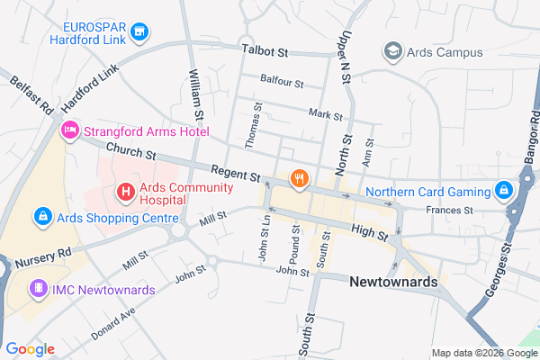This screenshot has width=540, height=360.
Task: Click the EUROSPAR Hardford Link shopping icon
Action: [x=139, y=34]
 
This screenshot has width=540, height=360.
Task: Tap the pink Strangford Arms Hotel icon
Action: [x=69, y=131]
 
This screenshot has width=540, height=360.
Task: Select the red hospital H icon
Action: [x=125, y=192]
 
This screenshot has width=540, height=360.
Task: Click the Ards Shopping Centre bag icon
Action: [x=41, y=216]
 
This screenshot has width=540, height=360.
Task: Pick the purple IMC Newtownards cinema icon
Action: [x=38, y=289]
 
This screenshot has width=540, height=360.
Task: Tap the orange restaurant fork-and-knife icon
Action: [x=299, y=180]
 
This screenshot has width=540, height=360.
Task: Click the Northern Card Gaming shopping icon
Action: [x=504, y=191]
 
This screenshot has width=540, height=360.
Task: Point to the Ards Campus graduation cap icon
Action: [x=392, y=52]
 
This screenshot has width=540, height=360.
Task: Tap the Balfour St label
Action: [x=281, y=82]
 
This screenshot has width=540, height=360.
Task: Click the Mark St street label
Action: [x=325, y=115]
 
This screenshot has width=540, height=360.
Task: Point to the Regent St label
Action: [x=235, y=171]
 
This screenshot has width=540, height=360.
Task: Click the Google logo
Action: [x=30, y=349]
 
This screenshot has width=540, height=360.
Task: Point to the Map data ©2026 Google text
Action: [x=482, y=352]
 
